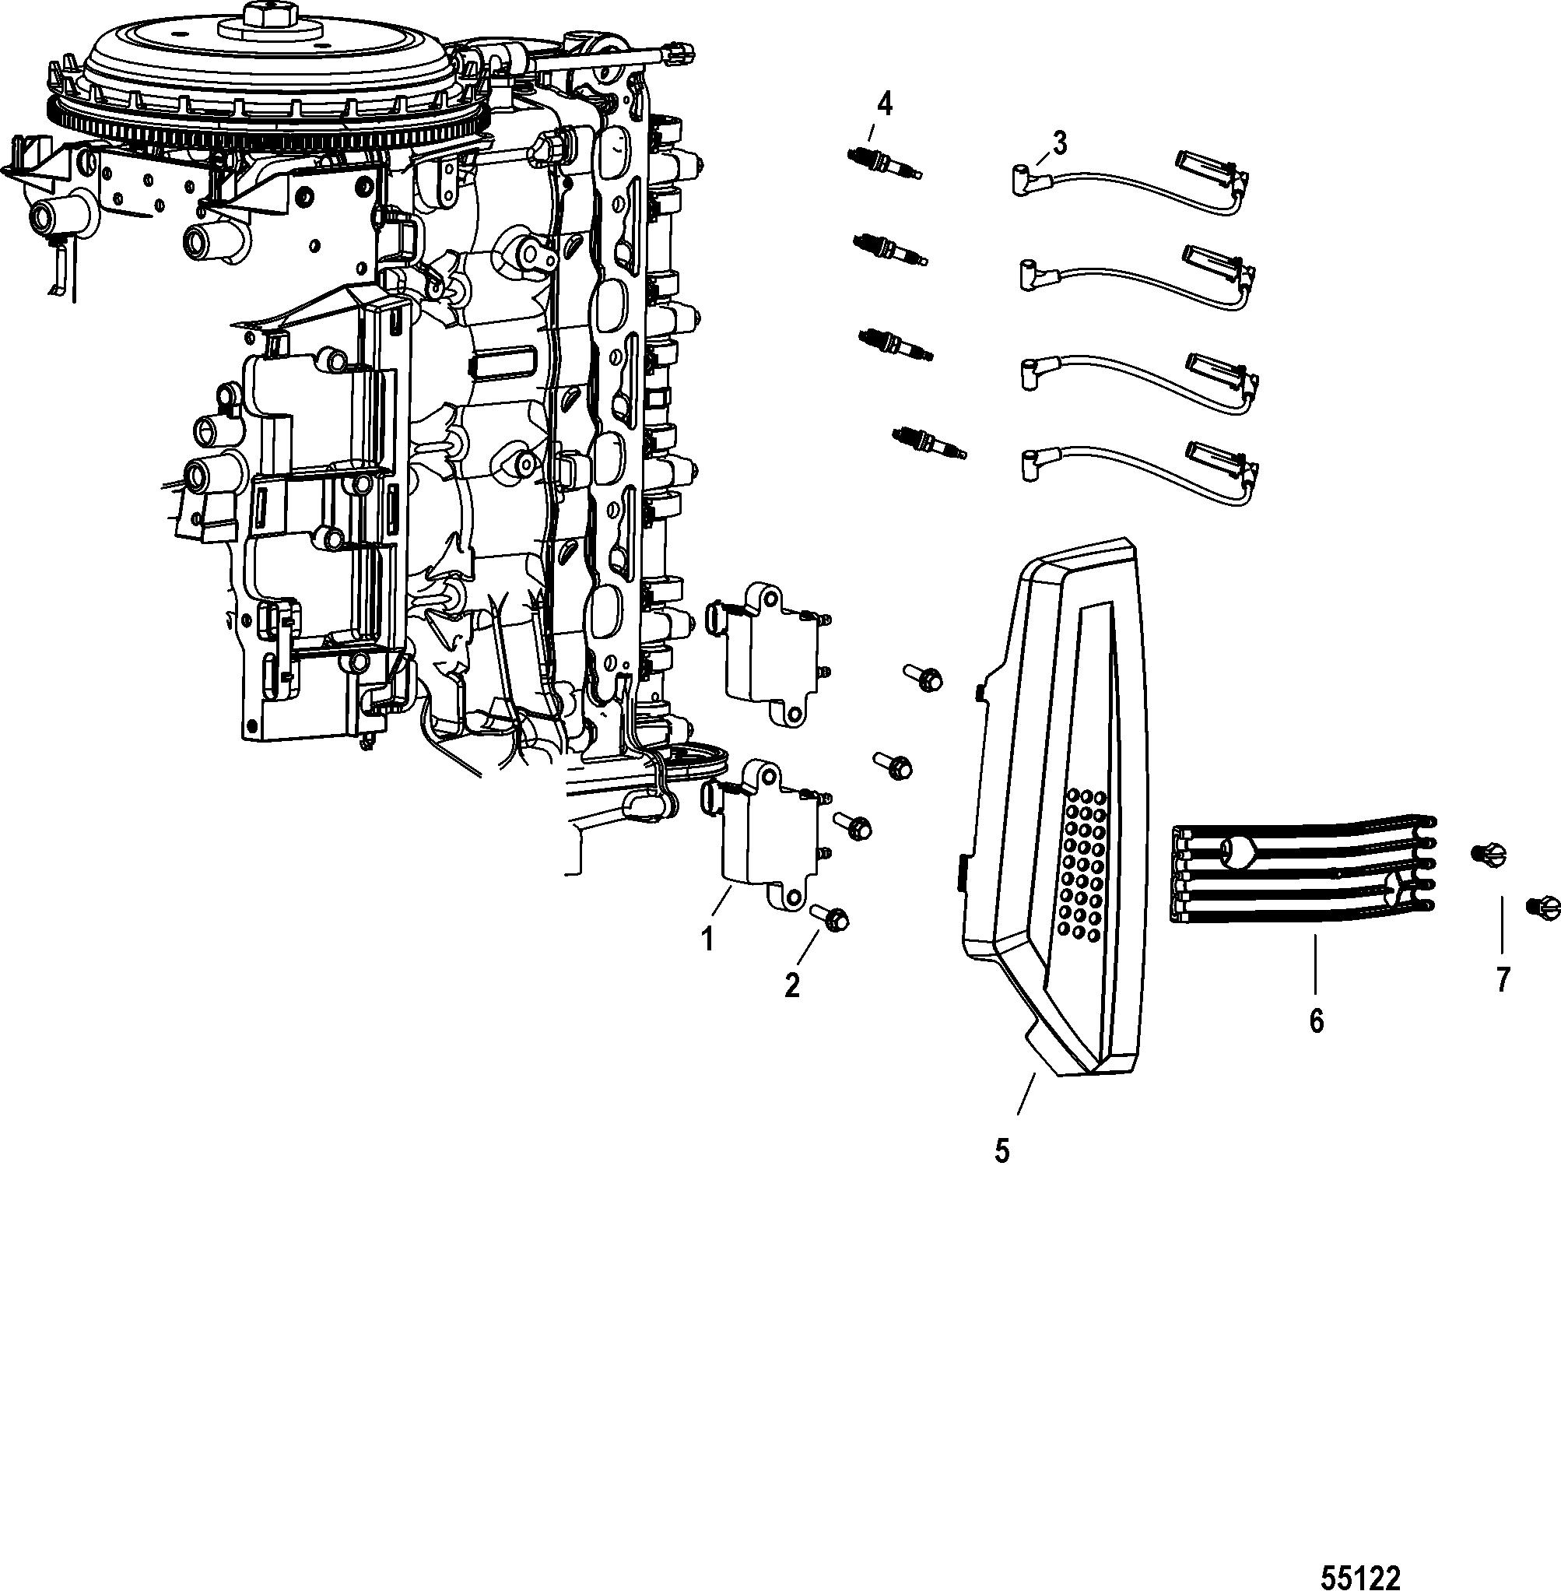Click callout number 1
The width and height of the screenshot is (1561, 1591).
(x=707, y=938)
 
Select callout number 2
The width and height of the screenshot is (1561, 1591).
(x=791, y=985)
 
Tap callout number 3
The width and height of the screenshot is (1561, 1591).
(x=1059, y=144)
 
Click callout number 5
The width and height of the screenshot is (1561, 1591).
(x=1001, y=1150)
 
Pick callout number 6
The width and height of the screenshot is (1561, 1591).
(x=1316, y=1021)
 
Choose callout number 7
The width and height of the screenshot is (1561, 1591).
(x=1502, y=980)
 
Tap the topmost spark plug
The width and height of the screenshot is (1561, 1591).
(x=884, y=163)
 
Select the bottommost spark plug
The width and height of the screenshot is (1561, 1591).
(x=931, y=442)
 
